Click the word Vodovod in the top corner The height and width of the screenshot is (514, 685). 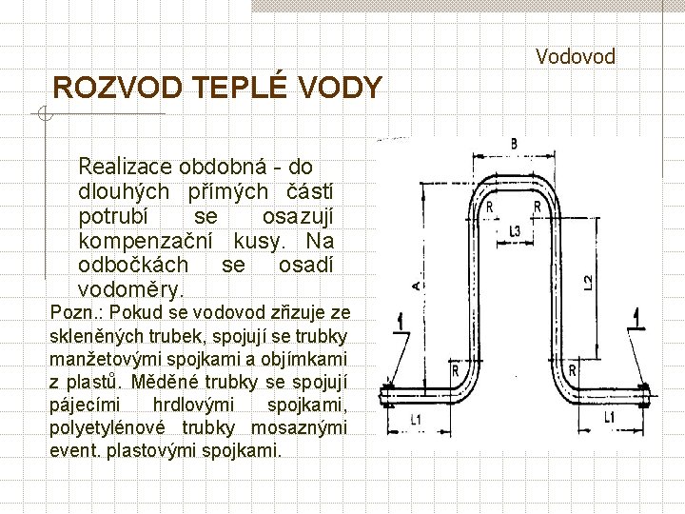click(x=575, y=57)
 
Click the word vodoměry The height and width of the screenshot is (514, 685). click(x=130, y=288)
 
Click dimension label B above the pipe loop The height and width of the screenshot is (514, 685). click(x=514, y=144)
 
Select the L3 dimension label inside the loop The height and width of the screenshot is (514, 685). click(x=515, y=230)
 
